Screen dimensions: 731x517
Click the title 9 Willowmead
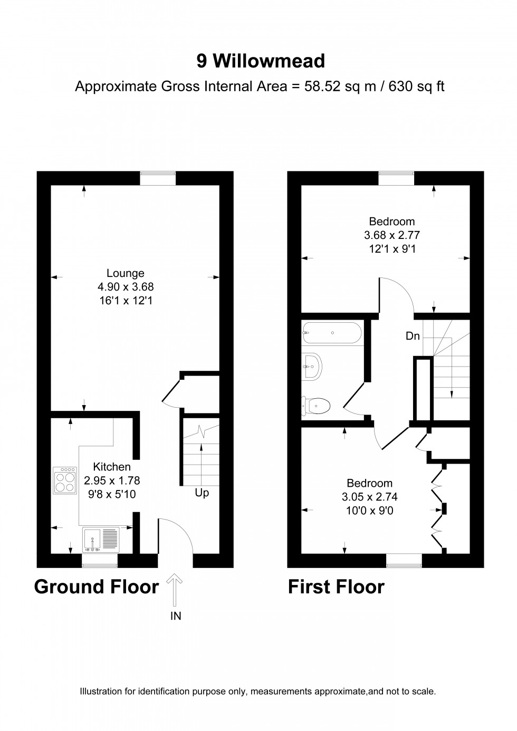tap(261, 62)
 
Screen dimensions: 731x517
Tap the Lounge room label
tap(126, 273)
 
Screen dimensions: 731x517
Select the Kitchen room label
tap(112, 467)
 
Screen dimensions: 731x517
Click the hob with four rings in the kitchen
tap(65, 480)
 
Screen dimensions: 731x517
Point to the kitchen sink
tap(101, 539)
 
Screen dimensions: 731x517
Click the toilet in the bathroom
tap(316, 406)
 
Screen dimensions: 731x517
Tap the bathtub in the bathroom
tap(332, 333)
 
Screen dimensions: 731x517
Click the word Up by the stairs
tap(202, 493)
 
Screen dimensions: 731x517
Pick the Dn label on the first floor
tap(413, 336)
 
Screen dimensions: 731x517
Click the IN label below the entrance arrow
tap(176, 615)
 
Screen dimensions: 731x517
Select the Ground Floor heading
tap(97, 586)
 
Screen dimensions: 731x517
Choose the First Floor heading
tap(336, 586)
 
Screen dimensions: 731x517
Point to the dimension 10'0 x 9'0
tap(369, 511)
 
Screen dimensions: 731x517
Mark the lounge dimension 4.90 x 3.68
tap(126, 287)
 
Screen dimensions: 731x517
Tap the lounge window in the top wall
tap(158, 178)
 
